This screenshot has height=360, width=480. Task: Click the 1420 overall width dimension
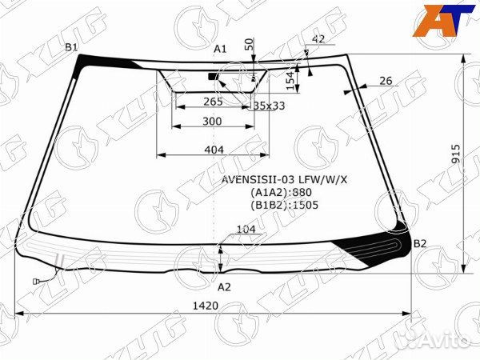point(206,306)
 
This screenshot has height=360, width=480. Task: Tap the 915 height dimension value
point(456,154)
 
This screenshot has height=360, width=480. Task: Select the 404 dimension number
point(214,150)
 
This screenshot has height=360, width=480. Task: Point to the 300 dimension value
point(212,122)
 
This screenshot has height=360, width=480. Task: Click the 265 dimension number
point(213,102)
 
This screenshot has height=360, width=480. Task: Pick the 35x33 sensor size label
point(270,106)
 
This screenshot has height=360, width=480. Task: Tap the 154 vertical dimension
point(291,81)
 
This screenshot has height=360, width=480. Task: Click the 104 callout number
point(246,229)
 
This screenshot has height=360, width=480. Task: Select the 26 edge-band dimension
point(386,81)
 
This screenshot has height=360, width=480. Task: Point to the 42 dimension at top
point(318,39)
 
